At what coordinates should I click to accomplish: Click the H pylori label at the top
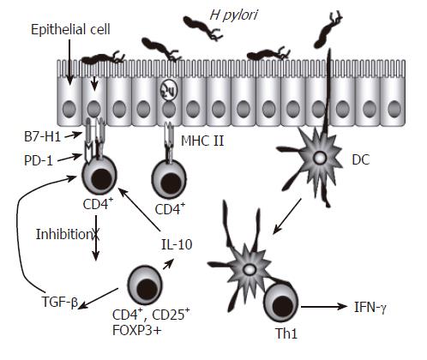[233, 15]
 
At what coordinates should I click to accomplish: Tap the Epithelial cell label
[70, 30]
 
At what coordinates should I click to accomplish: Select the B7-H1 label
[42, 137]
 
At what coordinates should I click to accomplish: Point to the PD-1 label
[39, 161]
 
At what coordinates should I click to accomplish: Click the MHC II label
[202, 141]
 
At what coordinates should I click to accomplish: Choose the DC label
[361, 160]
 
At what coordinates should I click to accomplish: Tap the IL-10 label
[177, 244]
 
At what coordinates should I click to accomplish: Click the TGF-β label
[59, 302]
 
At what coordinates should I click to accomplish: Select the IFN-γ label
[370, 308]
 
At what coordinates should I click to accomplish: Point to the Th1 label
[286, 333]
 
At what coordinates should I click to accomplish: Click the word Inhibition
[63, 235]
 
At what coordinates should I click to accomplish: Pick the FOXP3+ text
[137, 331]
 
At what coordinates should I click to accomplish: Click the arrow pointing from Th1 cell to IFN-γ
[324, 307]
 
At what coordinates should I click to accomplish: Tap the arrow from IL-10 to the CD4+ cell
[139, 209]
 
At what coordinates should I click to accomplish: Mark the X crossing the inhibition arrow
[96, 235]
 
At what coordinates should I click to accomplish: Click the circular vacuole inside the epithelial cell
[169, 92]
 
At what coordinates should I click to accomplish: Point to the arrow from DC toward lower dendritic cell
[286, 216]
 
